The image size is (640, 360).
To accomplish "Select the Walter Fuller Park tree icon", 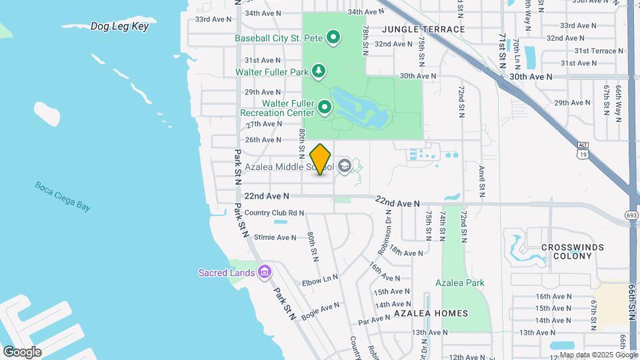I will coord(319,71).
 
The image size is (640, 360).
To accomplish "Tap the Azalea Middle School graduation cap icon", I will coord(345,166).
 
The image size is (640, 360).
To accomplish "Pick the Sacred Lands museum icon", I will coord(265,272).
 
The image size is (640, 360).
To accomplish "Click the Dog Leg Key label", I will coord(119,27).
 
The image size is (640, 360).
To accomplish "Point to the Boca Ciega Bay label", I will coord(63,196).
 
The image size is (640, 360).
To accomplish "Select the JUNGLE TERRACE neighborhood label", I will coord(423,29).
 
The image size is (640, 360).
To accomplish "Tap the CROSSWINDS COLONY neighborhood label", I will coord(573,251).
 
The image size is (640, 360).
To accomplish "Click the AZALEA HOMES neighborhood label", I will coord(431,313).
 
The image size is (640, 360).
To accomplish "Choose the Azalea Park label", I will coord(460,283).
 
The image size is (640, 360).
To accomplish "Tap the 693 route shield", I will coord(631,215).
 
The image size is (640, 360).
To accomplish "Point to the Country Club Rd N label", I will coord(274,213).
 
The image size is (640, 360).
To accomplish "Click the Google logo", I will coord(22,351).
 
